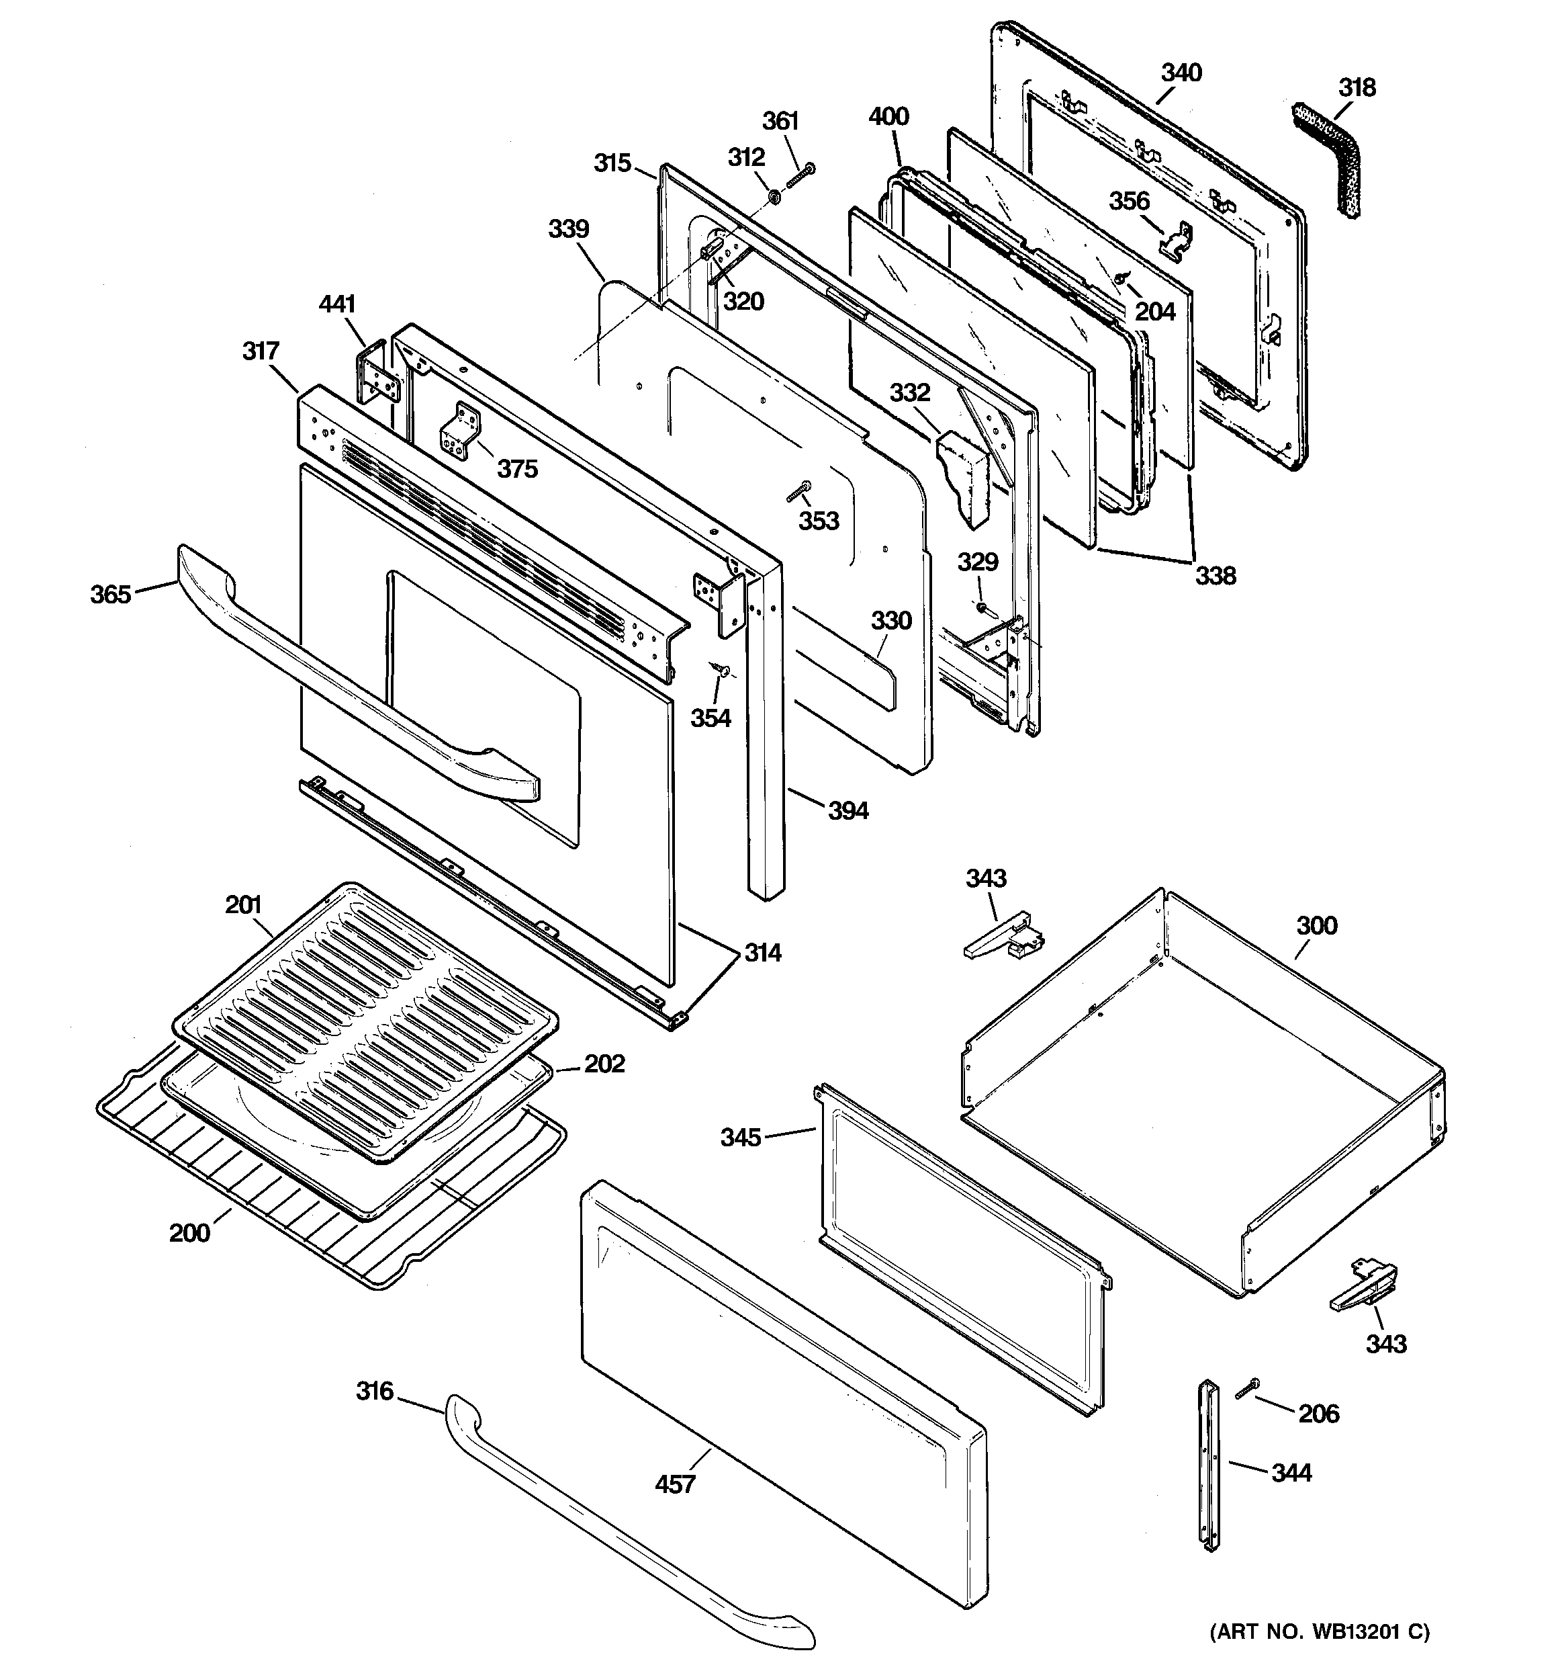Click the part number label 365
coord(110,595)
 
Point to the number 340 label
coord(1181,73)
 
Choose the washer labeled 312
coord(775,198)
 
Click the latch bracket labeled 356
coord(1176,238)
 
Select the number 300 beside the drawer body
coord(1316,925)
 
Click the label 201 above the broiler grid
coord(243,904)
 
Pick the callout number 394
coord(848,810)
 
